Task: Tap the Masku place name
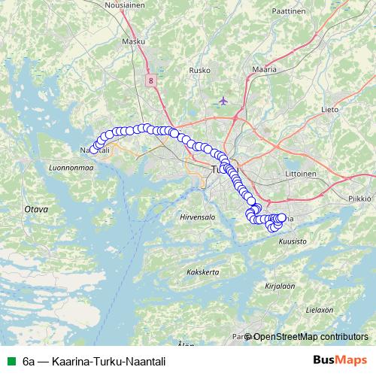[x=153, y=42]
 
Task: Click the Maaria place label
[x=265, y=69]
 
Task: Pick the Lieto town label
[x=331, y=110]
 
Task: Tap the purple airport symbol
[x=223, y=100]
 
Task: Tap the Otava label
[x=36, y=208]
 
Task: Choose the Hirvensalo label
[x=198, y=217]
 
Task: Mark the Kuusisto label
[x=293, y=241]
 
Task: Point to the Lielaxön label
[x=320, y=310]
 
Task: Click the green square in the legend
[x=11, y=361]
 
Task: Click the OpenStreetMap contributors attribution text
[x=310, y=337]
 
